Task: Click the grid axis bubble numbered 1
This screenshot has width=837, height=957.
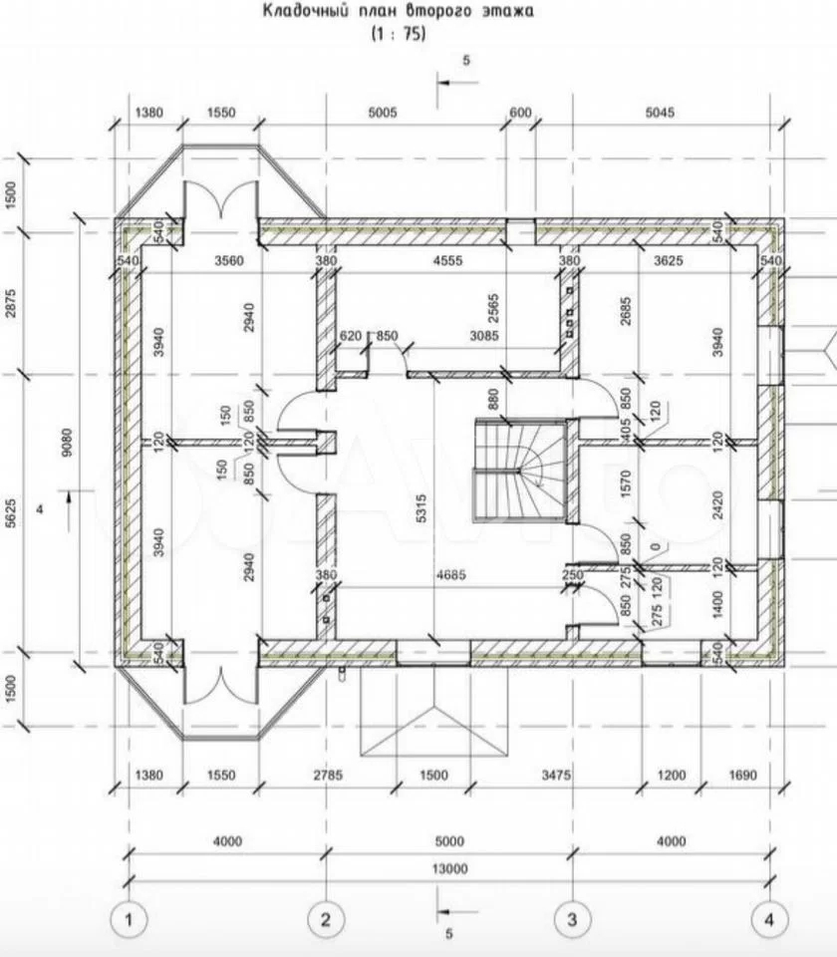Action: coord(129,919)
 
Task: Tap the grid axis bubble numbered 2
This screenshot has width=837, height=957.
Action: coord(326,919)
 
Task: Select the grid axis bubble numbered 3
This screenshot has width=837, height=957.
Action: coord(572,919)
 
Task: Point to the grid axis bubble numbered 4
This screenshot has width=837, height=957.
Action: coord(769,919)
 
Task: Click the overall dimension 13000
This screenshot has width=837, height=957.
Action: coord(449,868)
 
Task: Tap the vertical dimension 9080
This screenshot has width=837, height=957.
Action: coord(67,443)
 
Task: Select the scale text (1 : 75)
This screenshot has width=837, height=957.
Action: coord(399,34)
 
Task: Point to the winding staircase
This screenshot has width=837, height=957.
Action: coord(520,470)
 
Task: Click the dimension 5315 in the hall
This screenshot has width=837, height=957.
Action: coord(420,508)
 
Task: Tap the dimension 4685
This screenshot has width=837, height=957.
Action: coord(450,574)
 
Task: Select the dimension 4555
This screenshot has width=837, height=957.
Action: coord(447,260)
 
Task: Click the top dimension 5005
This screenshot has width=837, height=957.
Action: coord(383,113)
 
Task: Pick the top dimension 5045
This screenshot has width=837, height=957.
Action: coord(660,113)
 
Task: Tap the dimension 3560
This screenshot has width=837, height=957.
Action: coord(229,260)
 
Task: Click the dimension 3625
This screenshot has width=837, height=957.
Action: coord(668,260)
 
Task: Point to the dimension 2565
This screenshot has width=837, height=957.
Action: coord(493,308)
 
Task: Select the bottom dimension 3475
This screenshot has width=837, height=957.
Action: coord(556,776)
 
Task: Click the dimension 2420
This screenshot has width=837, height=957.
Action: coord(717,504)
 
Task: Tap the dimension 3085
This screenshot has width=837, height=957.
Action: coord(484,336)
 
